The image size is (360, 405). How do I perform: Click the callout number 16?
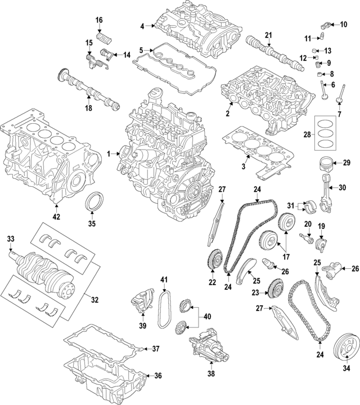coord(99,20)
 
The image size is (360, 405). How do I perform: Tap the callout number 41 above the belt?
coord(164,280)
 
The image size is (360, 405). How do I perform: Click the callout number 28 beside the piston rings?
coord(306,135)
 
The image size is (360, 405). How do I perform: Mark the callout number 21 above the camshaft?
coord(268,34)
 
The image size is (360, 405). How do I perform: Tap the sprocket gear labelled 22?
coord(213,261)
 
